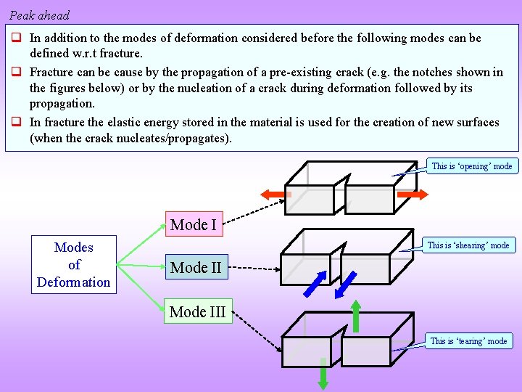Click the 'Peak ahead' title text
click(40, 15)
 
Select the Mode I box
click(193, 225)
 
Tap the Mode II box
click(196, 268)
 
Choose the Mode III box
click(197, 312)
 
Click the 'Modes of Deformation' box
click(74, 265)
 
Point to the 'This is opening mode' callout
click(471, 166)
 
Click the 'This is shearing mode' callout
click(468, 245)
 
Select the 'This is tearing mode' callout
click(468, 340)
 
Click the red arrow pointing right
click(412, 195)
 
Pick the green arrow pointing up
click(356, 315)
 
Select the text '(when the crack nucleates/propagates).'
click(130, 138)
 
